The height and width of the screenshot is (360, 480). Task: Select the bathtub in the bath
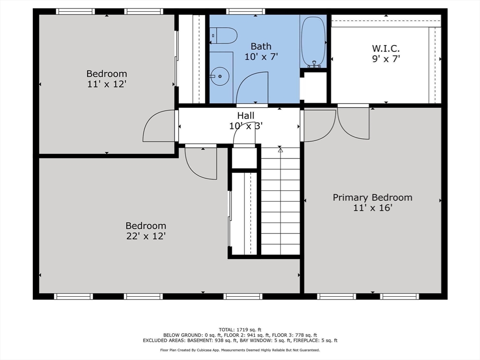(313, 42)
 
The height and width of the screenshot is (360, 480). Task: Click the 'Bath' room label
(261, 46)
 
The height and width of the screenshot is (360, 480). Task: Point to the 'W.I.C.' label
(386, 48)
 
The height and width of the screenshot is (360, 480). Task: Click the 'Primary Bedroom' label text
(372, 197)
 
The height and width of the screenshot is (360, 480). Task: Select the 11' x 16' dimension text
(372, 208)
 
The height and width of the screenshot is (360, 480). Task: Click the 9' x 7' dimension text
(386, 59)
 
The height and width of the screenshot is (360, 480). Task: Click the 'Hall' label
(246, 115)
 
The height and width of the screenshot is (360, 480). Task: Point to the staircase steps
(280, 202)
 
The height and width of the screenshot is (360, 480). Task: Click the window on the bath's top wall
(245, 11)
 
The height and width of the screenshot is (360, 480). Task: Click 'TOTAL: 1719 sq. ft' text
(240, 329)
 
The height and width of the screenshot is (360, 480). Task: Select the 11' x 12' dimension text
(106, 84)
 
